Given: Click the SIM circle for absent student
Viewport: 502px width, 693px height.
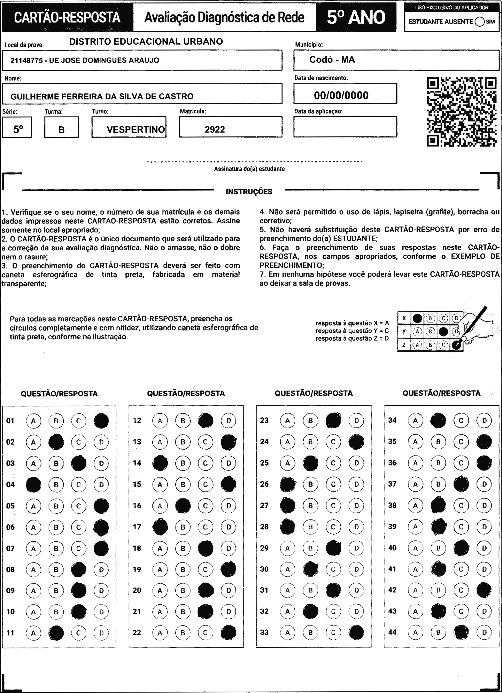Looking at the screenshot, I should coord(480,22).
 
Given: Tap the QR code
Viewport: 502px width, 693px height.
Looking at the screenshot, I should coord(461,112).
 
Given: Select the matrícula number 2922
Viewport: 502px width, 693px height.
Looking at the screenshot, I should coord(215,129).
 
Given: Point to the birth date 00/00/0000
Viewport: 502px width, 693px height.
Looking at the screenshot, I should coord(341,95).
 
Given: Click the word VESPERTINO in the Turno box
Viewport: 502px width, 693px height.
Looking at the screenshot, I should coord(136,129).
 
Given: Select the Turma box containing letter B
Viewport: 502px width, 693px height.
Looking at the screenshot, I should coord(61,127).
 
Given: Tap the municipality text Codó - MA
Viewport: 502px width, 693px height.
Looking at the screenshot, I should coord(332,60).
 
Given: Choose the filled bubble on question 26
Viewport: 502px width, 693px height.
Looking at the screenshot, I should coord(288,484).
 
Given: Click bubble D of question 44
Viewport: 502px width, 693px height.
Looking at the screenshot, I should coord(484,632).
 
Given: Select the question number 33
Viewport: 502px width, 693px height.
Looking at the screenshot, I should coord(264,632).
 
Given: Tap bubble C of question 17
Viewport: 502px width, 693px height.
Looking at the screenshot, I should coord(205,527).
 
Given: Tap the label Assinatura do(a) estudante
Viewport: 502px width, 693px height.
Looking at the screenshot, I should coord(249,169).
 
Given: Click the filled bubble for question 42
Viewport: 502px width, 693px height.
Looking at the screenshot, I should coord(484,590).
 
